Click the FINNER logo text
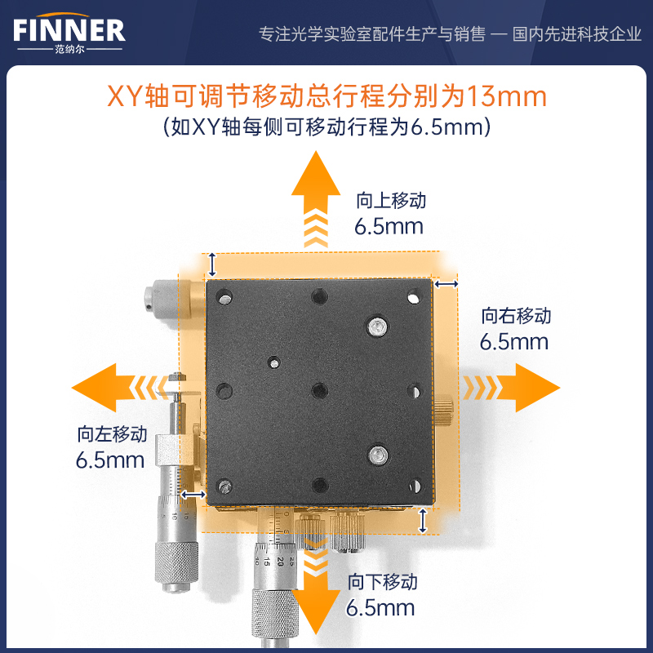tap(69, 30)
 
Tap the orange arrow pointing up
tap(316, 199)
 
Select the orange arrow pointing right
tap(511, 388)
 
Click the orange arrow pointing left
tap(120, 388)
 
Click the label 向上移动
tap(391, 200)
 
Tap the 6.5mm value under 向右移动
tap(514, 342)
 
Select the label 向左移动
tap(112, 434)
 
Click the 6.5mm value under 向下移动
tap(380, 607)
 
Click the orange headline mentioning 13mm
tap(327, 96)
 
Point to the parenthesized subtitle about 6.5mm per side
tap(327, 127)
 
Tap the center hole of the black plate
tap(319, 391)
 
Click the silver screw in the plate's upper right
tap(377, 325)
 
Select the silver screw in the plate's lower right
tap(378, 454)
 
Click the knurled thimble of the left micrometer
tap(176, 563)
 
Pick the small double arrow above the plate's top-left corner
tap(212, 264)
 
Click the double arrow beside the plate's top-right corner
tap(446, 284)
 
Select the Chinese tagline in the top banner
tap(450, 34)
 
